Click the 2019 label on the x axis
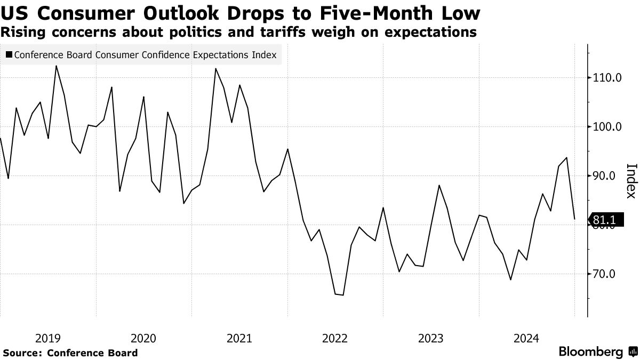tap(48, 338)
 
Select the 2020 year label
tap(143, 338)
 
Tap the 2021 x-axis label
tap(239, 338)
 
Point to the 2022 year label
tap(335, 338)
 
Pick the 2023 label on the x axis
tap(431, 338)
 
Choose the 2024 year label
tap(526, 338)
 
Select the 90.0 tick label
tap(605, 176)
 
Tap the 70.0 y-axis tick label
tap(605, 274)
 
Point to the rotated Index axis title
tap(630, 180)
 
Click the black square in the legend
tap(9, 55)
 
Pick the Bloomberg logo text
tap(590, 351)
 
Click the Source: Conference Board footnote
tap(70, 353)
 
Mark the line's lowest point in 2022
tap(342, 295)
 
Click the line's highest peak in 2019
tap(57, 66)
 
